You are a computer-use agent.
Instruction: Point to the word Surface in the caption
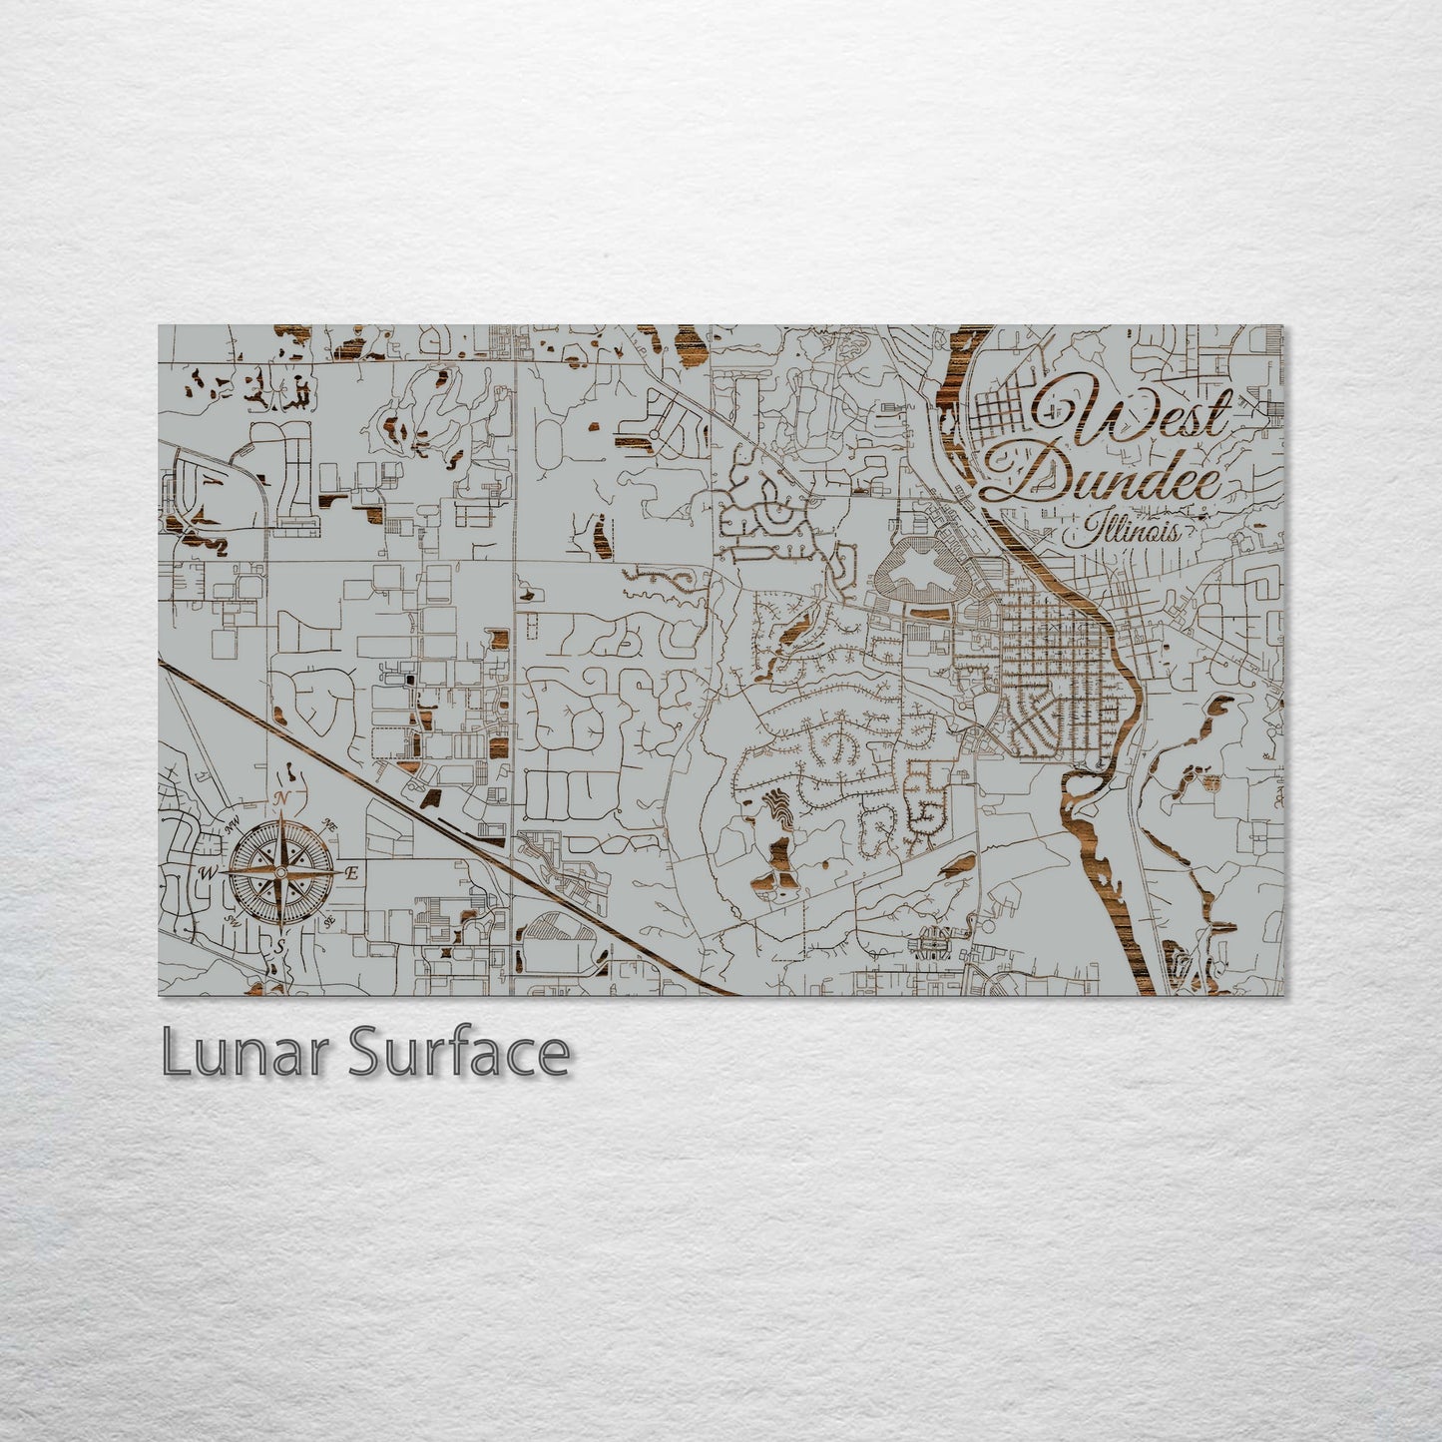458,1054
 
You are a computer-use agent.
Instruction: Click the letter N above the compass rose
283,798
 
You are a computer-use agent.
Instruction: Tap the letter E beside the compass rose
350,873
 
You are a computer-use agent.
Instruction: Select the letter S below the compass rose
280,943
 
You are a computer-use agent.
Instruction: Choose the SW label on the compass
236,919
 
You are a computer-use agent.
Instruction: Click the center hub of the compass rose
283,872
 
